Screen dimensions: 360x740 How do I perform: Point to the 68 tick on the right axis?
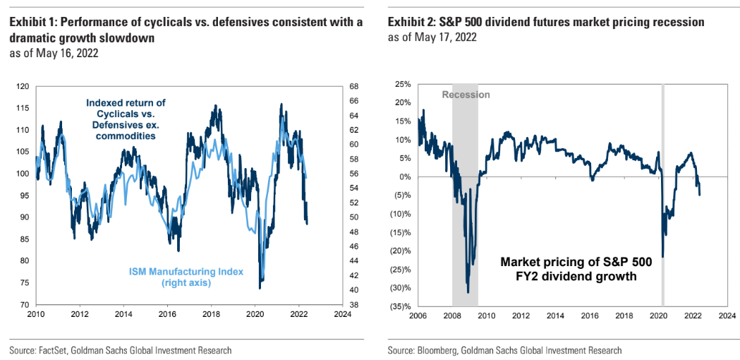coord(353,86)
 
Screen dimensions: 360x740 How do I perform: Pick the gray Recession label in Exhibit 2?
coord(466,95)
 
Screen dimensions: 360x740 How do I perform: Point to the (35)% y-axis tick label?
coord(399,306)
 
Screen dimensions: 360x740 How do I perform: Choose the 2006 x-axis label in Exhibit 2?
coord(418,316)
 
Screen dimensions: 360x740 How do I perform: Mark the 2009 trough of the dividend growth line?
coord(468,292)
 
